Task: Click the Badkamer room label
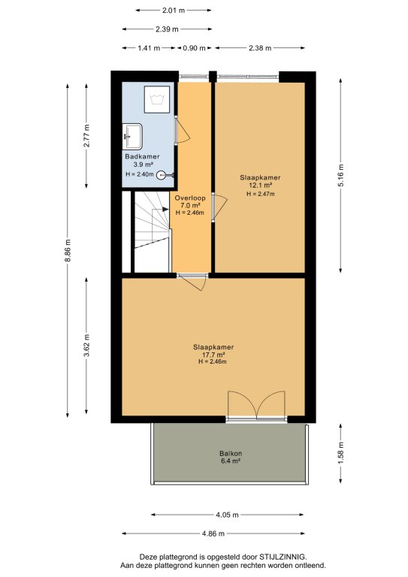click(142, 156)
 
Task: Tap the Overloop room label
click(190, 198)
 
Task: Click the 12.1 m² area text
click(260, 186)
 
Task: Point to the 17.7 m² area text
click(213, 355)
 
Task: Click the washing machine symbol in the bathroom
click(157, 99)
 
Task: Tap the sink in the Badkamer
click(132, 136)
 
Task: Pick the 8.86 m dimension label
click(68, 251)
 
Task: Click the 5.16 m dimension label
click(340, 175)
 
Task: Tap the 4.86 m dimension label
click(213, 533)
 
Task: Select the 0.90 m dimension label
click(194, 48)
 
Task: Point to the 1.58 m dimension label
click(340, 452)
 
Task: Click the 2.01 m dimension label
click(174, 11)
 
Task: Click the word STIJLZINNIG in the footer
click(283, 557)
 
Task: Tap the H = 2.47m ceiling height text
click(260, 194)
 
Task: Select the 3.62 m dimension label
click(86, 345)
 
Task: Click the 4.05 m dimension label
click(227, 515)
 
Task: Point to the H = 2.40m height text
click(140, 174)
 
